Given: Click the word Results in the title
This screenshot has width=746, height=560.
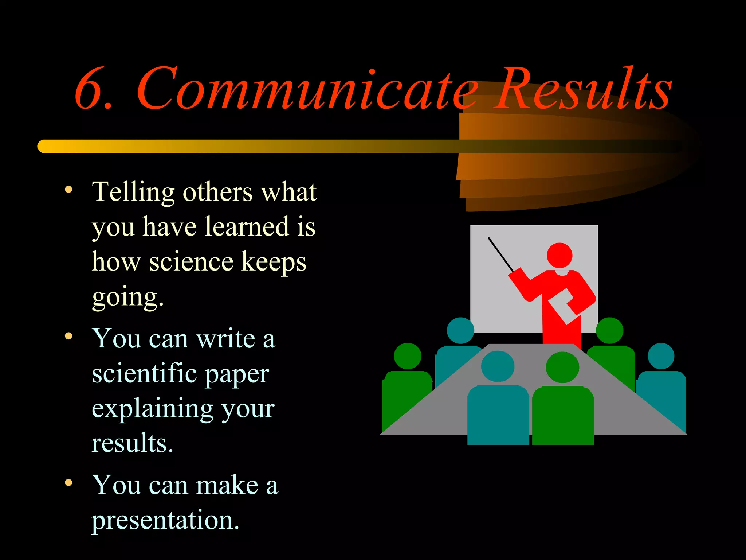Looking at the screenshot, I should tap(583, 89).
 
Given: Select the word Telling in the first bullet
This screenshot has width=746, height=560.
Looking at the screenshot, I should tap(133, 192).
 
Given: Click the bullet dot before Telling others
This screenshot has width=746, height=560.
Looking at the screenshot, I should tap(68, 190).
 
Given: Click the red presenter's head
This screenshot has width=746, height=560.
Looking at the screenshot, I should tap(559, 255).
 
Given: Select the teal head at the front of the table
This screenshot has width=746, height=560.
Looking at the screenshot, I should tap(498, 366).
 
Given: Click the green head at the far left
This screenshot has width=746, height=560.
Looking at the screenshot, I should tap(408, 356).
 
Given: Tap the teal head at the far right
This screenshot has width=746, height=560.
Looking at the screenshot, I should tap(661, 356).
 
